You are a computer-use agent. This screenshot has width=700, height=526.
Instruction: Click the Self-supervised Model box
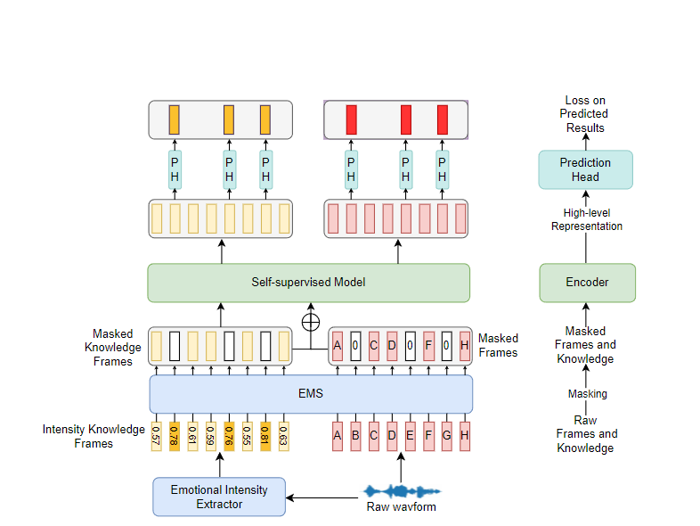(x=308, y=283)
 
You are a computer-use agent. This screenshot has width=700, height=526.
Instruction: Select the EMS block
(x=311, y=393)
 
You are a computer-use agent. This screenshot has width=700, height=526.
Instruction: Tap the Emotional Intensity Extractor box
(x=219, y=497)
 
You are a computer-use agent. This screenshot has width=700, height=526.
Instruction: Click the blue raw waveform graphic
(x=402, y=491)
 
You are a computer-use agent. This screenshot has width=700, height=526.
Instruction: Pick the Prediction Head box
(x=585, y=169)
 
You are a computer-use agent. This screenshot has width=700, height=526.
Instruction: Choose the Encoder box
(x=587, y=283)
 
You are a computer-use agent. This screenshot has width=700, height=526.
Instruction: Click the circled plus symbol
(x=311, y=321)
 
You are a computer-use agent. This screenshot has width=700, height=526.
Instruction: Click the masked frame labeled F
(x=428, y=345)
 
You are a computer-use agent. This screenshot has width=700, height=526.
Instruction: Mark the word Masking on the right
(x=587, y=393)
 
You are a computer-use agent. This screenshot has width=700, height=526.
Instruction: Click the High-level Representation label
(x=587, y=219)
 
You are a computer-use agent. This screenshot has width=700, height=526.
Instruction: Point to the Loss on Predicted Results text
(x=585, y=114)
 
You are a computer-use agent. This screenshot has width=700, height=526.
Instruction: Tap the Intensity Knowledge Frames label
(x=94, y=436)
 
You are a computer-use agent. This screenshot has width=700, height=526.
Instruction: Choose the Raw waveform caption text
(x=401, y=507)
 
